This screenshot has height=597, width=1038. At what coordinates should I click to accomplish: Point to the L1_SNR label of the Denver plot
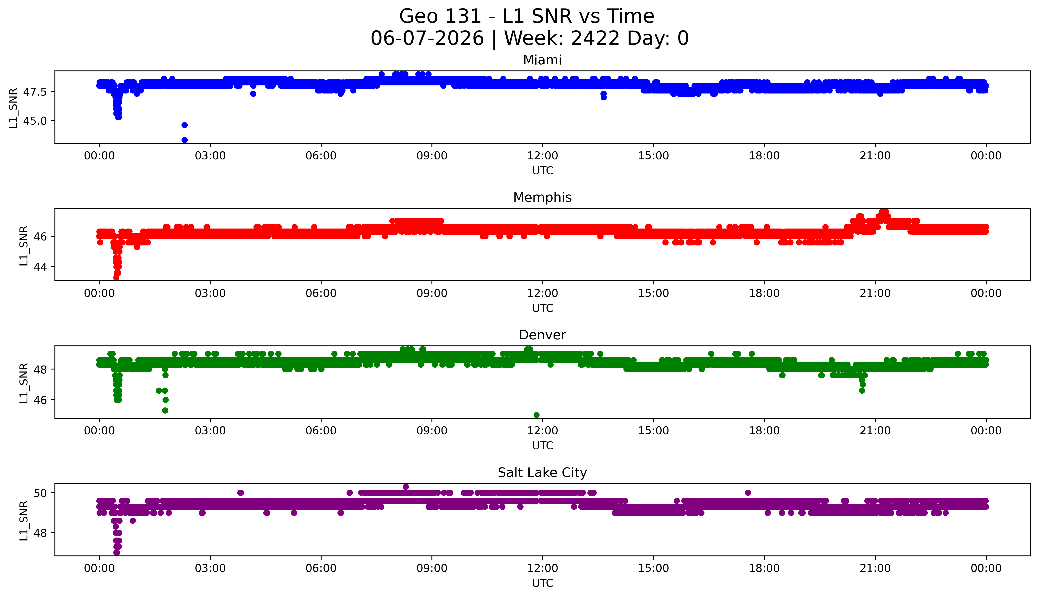[24, 383]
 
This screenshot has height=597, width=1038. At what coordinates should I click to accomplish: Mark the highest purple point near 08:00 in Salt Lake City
[406, 487]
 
